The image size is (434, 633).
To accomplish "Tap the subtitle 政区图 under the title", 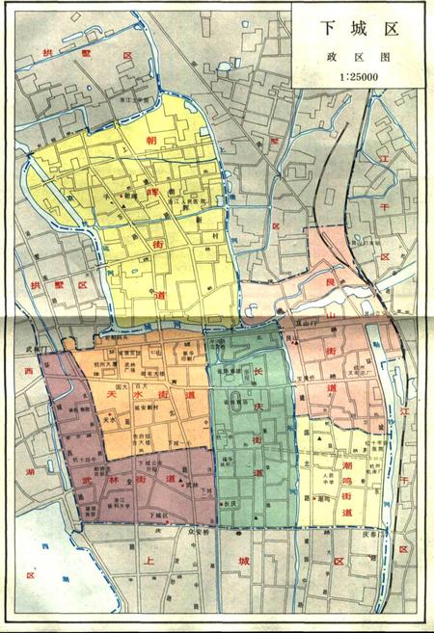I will click(x=359, y=58).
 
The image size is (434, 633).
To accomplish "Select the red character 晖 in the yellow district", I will click(x=152, y=192).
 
